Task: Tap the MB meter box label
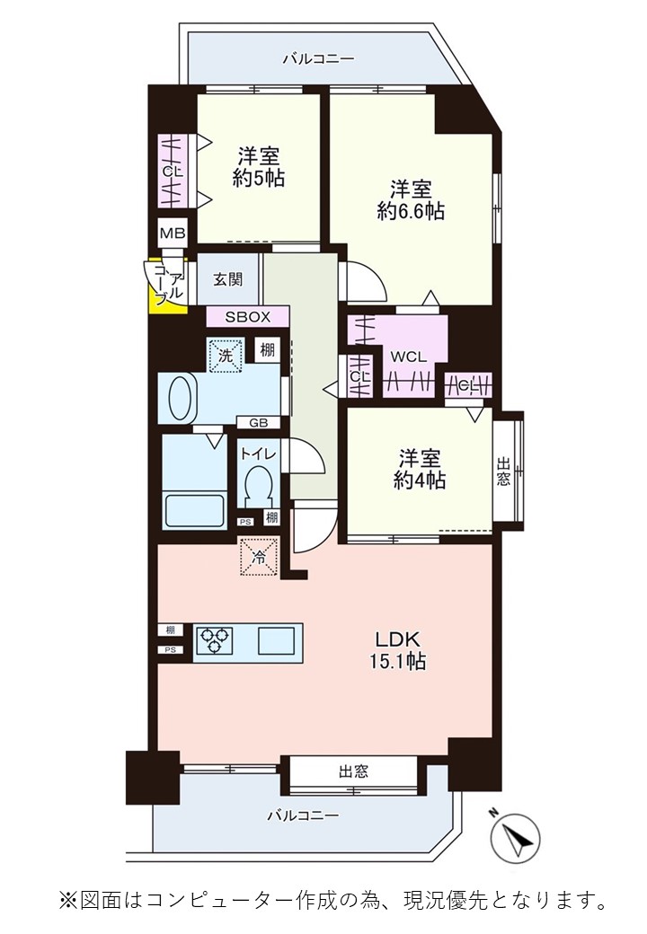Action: [173, 233]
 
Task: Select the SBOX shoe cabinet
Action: [248, 316]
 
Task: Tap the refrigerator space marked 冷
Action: [259, 557]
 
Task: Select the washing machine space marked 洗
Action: [226, 355]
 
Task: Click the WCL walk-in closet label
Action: [408, 357]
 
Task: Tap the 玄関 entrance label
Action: [228, 278]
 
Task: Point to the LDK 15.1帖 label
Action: [399, 650]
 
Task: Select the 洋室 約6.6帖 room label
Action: [411, 200]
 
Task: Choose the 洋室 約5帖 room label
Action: [259, 167]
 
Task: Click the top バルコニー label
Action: [319, 58]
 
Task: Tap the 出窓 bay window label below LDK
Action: [353, 771]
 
